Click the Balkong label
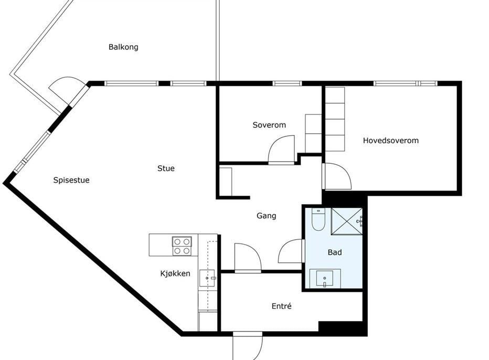pos(123,47)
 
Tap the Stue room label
pos(166,168)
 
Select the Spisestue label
pos(71,181)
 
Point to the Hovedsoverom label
pos(391,141)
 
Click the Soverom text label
pos(269,125)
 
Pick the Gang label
pos(267,216)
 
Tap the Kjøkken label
pos(175,273)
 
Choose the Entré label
pos(282,306)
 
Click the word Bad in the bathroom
pos(335,252)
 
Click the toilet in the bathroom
pos(318,219)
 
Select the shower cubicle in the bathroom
pos(347,221)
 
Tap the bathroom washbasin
pos(325,278)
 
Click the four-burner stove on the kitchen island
pos(182,246)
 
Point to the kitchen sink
pos(207,278)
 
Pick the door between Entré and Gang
pos(248,258)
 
